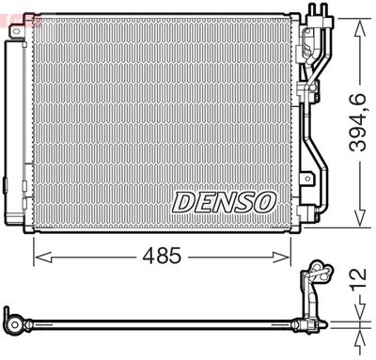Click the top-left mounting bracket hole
(17, 32)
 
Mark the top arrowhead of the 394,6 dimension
(355, 21)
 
